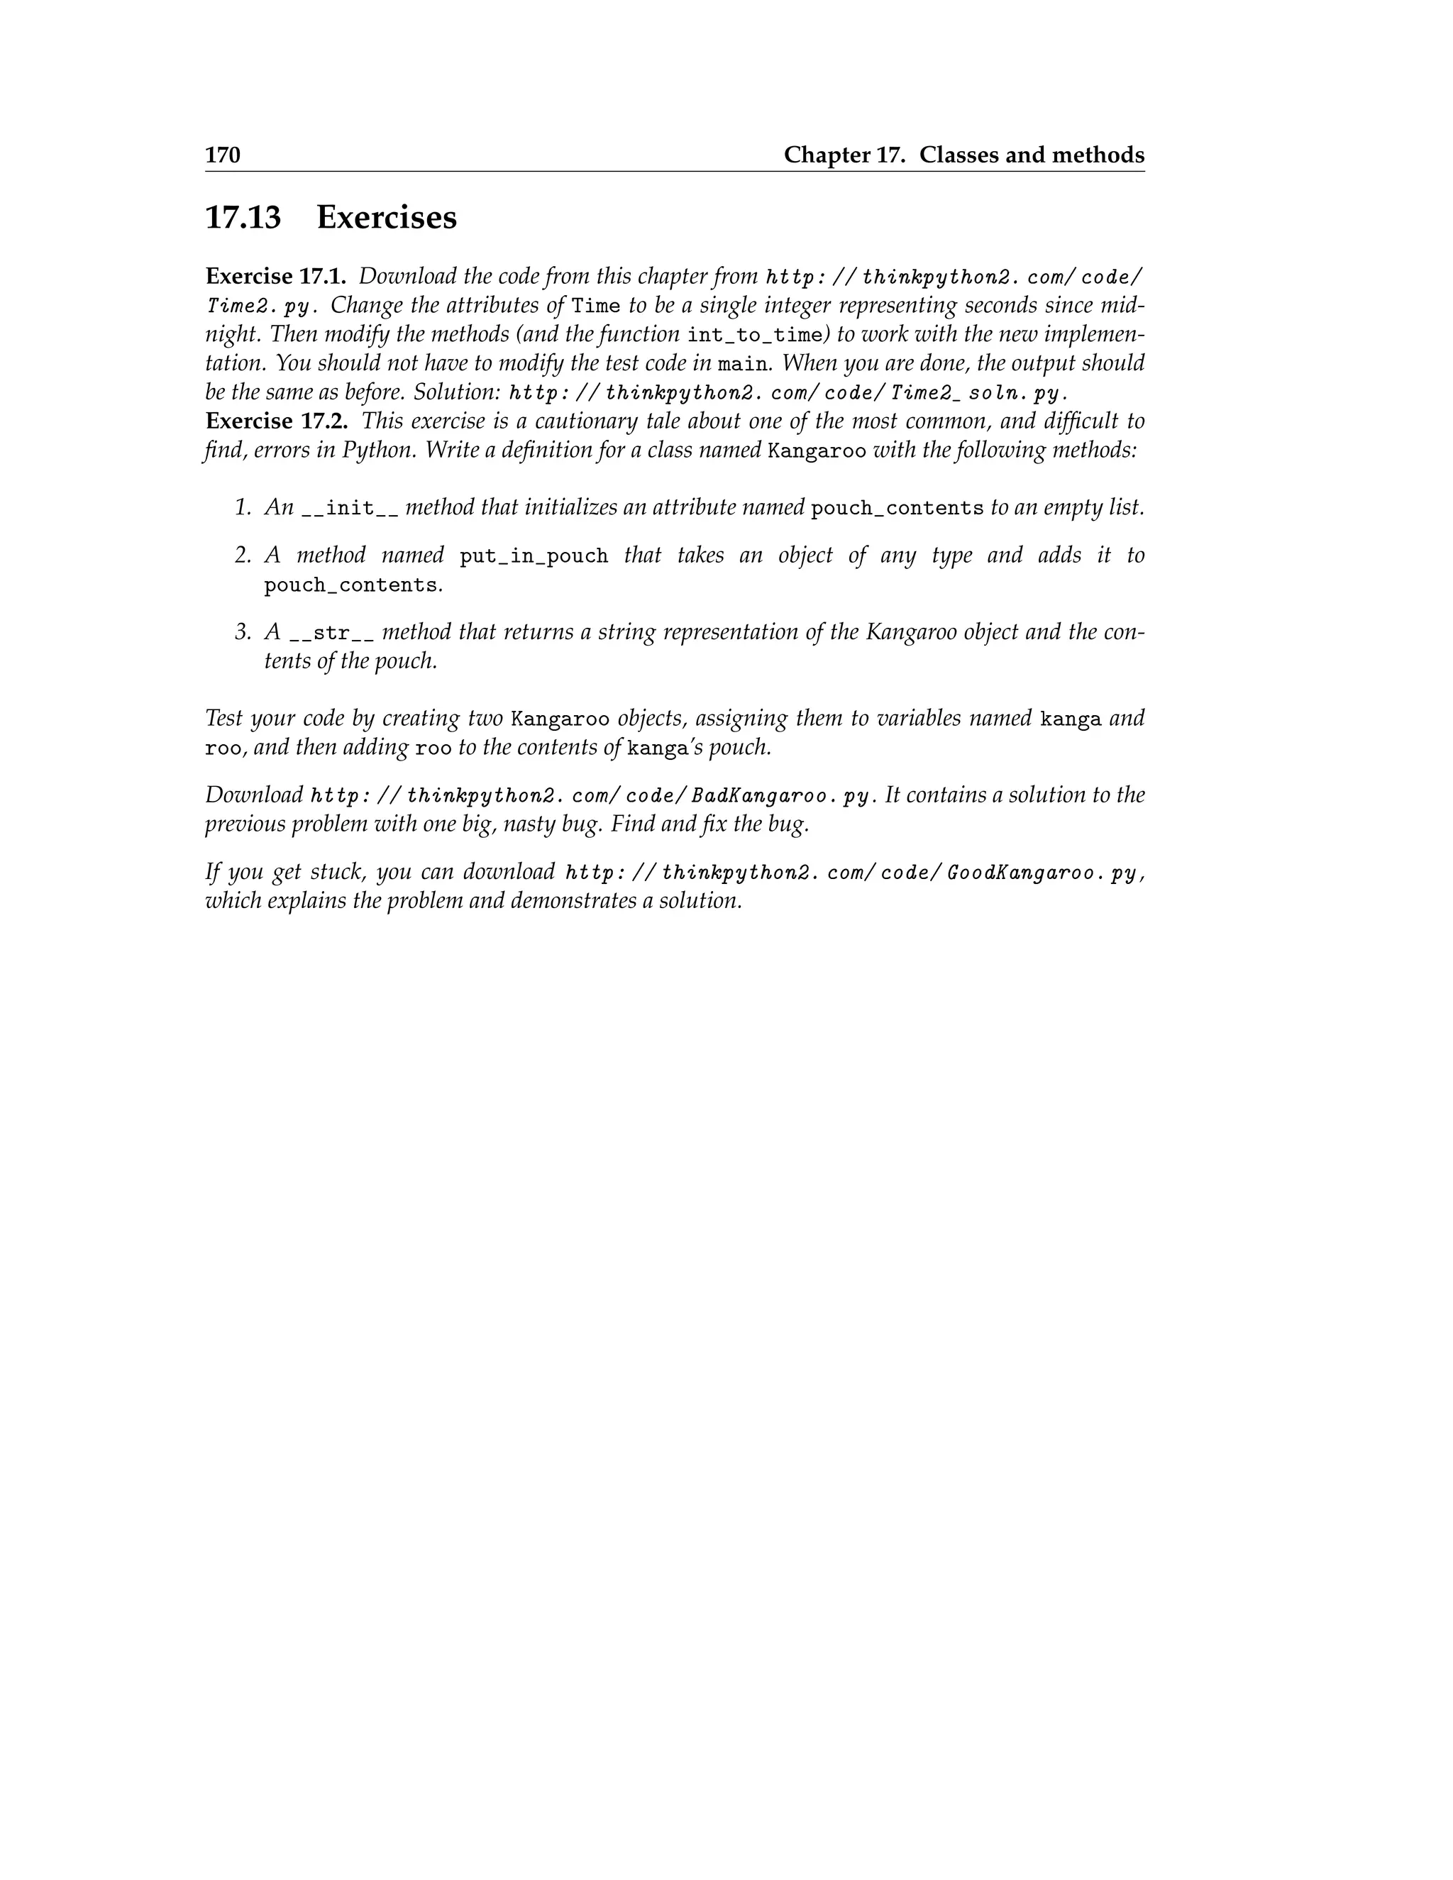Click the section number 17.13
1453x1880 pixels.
pyautogui.click(x=243, y=217)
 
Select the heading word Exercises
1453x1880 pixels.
pyautogui.click(x=387, y=217)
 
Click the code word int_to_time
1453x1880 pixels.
pyautogui.click(x=755, y=336)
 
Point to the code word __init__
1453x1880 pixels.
pyautogui.click(x=350, y=509)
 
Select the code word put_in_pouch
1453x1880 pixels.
pyautogui.click(x=534, y=556)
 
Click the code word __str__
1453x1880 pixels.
pyautogui.click(x=331, y=634)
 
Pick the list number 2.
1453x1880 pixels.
pyautogui.click(x=242, y=556)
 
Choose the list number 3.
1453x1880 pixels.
pyautogui.click(x=242, y=633)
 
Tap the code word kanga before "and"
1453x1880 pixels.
pyautogui.click(x=1070, y=719)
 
